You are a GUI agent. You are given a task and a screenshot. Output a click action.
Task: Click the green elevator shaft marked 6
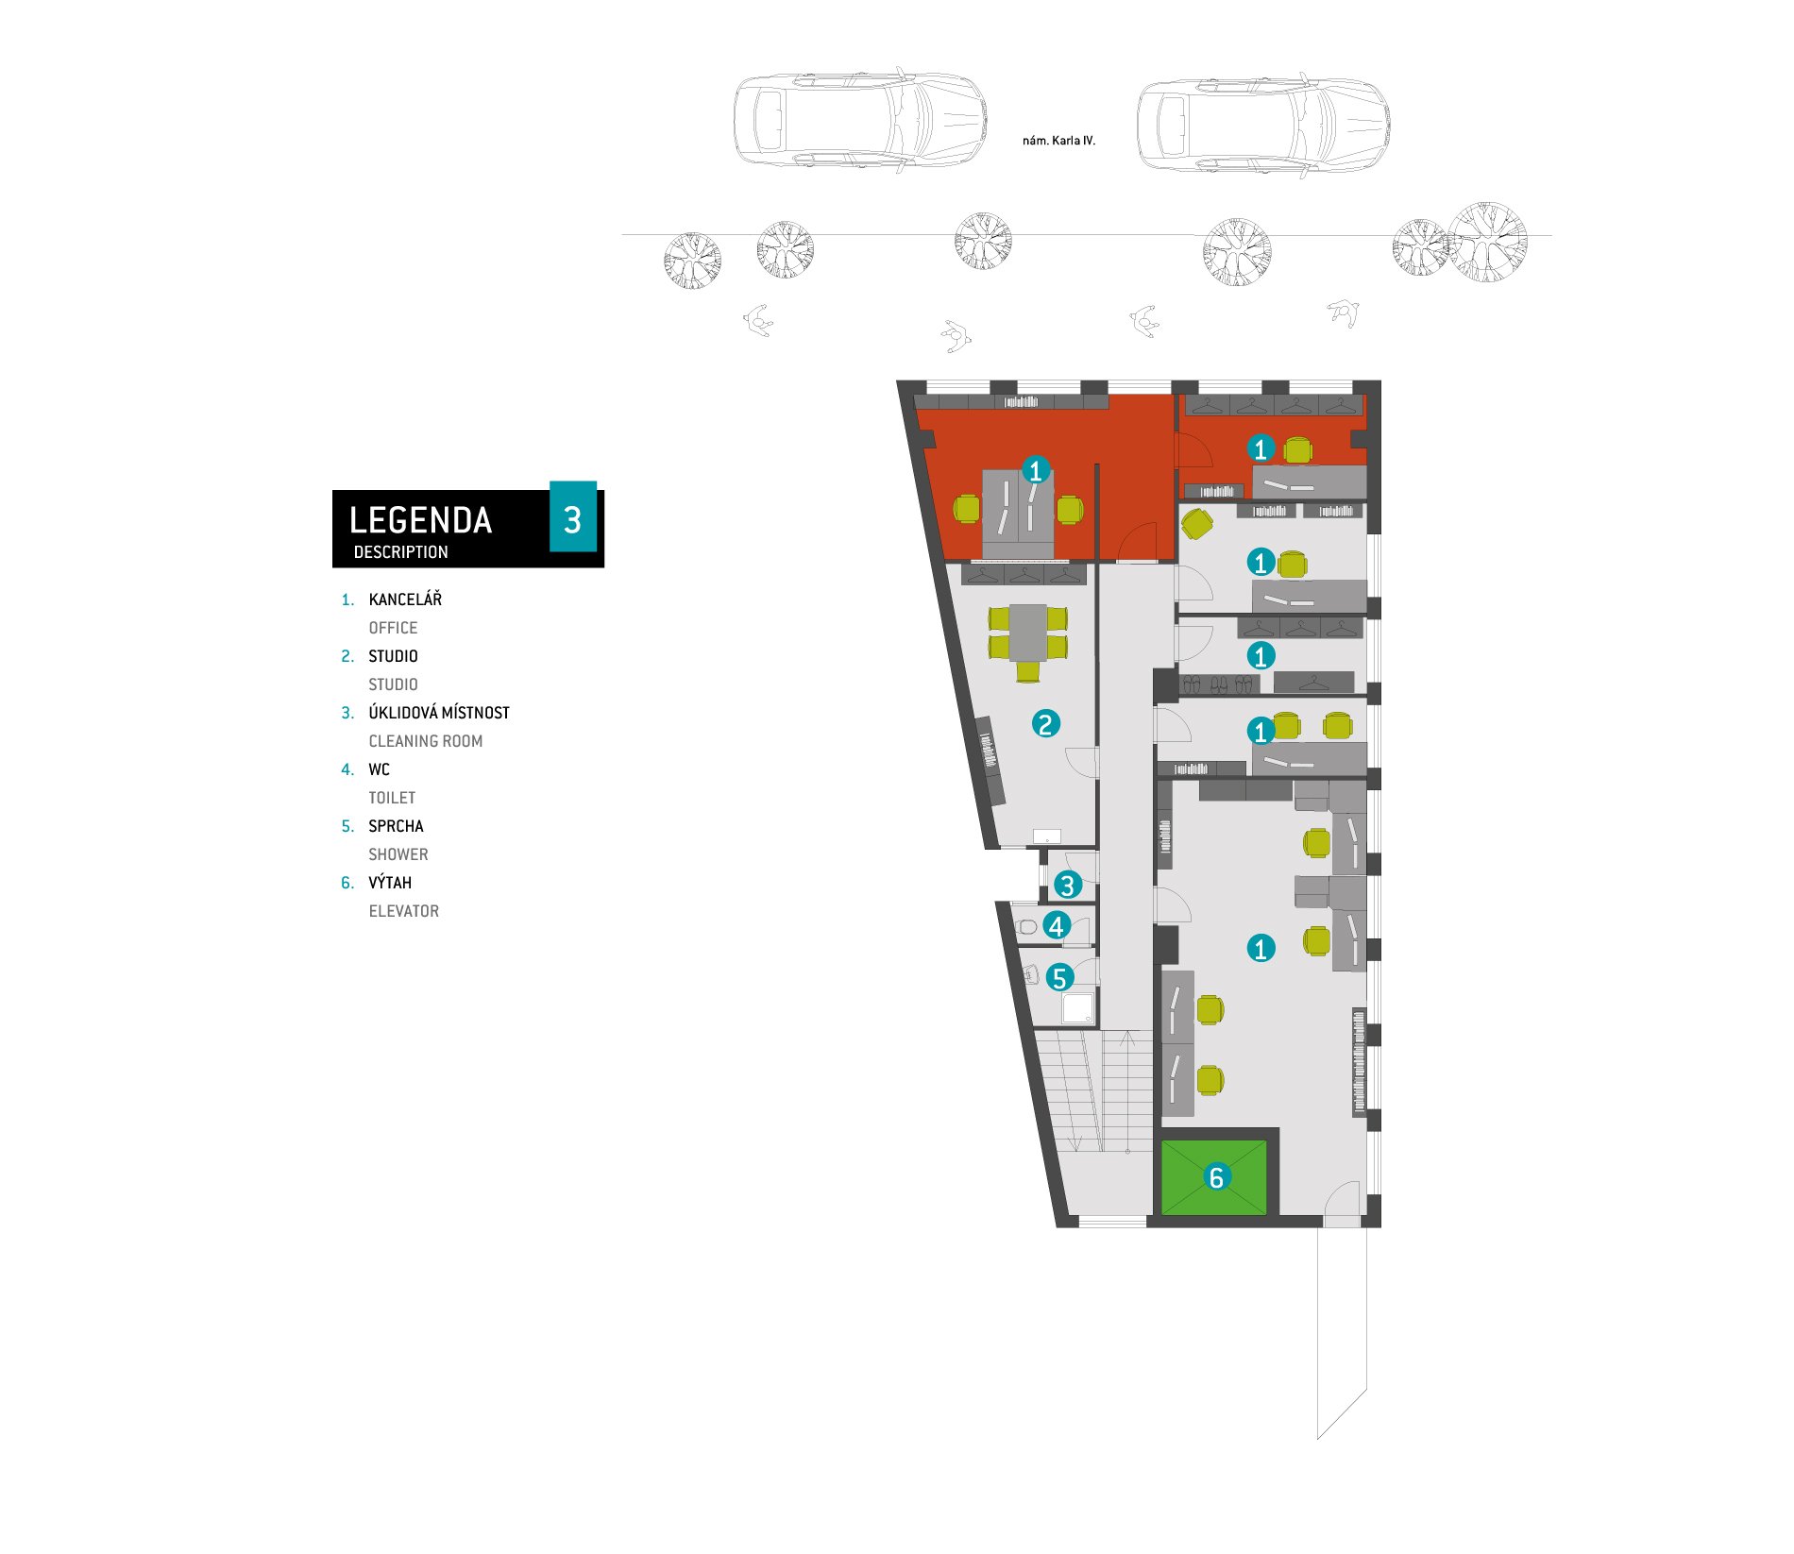1213,1177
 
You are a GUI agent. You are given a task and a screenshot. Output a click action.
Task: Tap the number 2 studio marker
1045,724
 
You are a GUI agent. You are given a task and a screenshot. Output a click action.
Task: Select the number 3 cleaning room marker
1067,885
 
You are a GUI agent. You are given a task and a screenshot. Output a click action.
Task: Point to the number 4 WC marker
1057,926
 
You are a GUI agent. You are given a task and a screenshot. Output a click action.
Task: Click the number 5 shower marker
1059,978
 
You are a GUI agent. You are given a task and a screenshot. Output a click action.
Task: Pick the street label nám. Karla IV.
1058,141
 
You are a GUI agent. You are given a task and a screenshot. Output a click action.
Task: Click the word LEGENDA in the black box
420,520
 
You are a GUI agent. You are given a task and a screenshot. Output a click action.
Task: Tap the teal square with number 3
573,517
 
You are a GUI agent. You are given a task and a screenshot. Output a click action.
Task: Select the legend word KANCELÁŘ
405,600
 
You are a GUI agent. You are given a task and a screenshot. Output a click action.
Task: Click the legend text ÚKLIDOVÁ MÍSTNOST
439,713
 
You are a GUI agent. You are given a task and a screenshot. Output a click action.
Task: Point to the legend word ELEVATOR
404,911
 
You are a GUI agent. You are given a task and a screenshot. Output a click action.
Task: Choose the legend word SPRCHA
396,826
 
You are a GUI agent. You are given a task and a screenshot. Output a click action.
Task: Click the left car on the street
860,120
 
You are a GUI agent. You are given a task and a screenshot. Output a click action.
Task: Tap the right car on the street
1262,125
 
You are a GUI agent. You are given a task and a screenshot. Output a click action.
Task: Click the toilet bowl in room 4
1026,926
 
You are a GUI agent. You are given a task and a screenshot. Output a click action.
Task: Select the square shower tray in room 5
1077,1007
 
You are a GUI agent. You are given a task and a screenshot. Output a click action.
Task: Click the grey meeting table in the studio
1027,633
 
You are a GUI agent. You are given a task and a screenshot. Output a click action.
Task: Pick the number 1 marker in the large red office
1036,469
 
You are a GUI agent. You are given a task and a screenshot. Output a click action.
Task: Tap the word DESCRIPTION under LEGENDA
400,552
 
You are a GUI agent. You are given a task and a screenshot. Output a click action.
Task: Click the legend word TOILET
392,798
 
